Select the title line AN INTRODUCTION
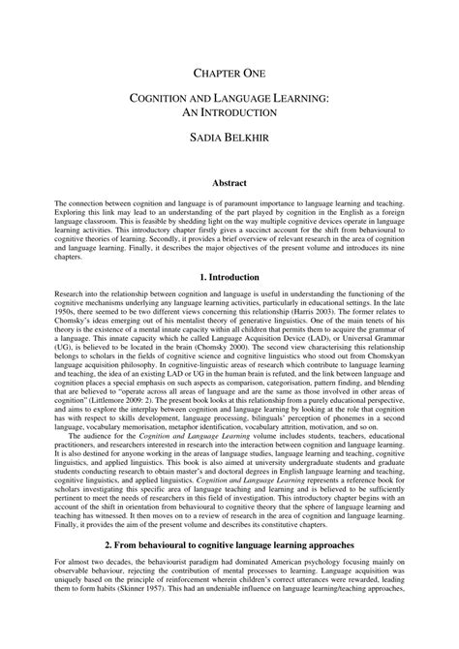point(229,113)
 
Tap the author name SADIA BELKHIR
point(229,140)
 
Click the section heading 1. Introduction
point(229,277)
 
